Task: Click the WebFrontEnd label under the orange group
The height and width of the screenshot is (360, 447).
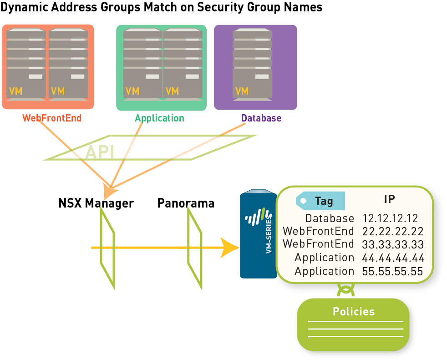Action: (52, 118)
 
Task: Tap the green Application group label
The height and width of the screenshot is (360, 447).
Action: (159, 118)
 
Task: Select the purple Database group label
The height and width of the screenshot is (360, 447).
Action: (261, 118)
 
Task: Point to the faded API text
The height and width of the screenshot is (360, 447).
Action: (100, 152)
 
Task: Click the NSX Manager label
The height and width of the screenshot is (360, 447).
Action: (96, 203)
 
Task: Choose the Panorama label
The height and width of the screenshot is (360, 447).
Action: (186, 203)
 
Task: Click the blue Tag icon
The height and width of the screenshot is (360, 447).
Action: (320, 201)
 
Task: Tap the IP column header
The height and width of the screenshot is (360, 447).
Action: (389, 199)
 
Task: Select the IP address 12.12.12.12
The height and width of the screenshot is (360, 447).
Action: (390, 218)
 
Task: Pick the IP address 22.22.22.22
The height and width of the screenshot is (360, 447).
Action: (392, 231)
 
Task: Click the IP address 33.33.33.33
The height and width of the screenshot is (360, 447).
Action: (392, 244)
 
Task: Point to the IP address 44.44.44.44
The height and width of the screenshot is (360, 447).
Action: (393, 258)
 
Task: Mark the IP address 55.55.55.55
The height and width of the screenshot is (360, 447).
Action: (392, 272)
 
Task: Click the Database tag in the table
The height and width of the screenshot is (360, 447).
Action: (330, 218)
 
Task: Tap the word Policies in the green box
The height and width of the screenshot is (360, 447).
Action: (354, 312)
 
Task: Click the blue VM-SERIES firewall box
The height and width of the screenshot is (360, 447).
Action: (258, 234)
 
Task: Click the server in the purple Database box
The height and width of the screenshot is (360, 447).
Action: (253, 64)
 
